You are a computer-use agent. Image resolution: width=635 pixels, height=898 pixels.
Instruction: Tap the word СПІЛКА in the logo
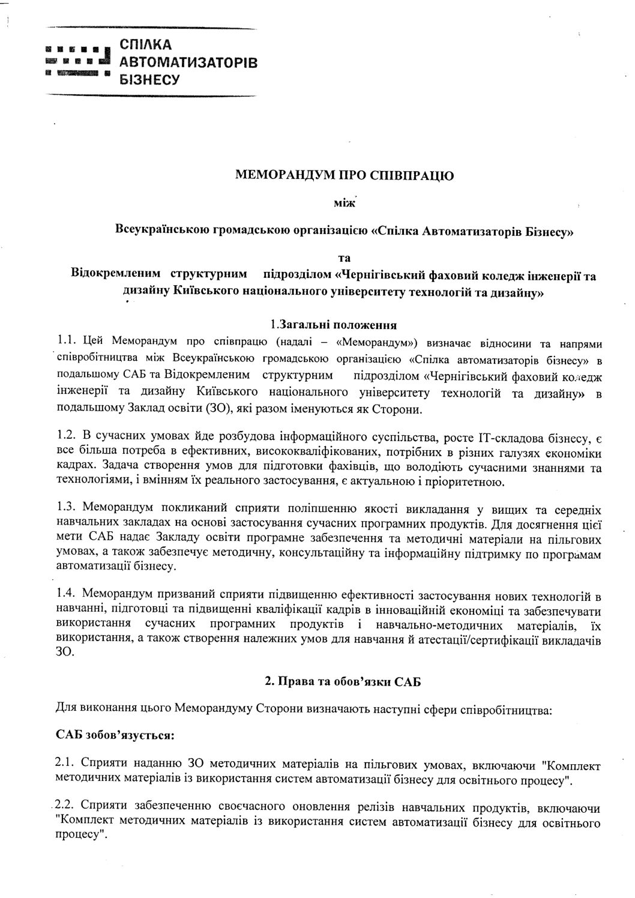click(x=146, y=45)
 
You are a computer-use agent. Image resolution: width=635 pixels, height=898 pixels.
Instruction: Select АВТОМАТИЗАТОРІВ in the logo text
click(x=188, y=62)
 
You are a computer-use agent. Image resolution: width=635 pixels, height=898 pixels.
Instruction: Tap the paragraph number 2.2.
click(x=64, y=804)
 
